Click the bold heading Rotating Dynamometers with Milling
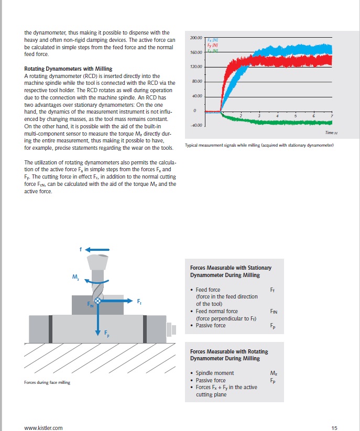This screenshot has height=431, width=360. point(68,69)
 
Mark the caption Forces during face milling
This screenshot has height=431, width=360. point(47,382)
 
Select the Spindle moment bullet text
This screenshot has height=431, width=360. point(215,373)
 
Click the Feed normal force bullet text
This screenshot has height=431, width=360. point(216,311)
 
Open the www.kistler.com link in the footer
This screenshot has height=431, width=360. point(43,428)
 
